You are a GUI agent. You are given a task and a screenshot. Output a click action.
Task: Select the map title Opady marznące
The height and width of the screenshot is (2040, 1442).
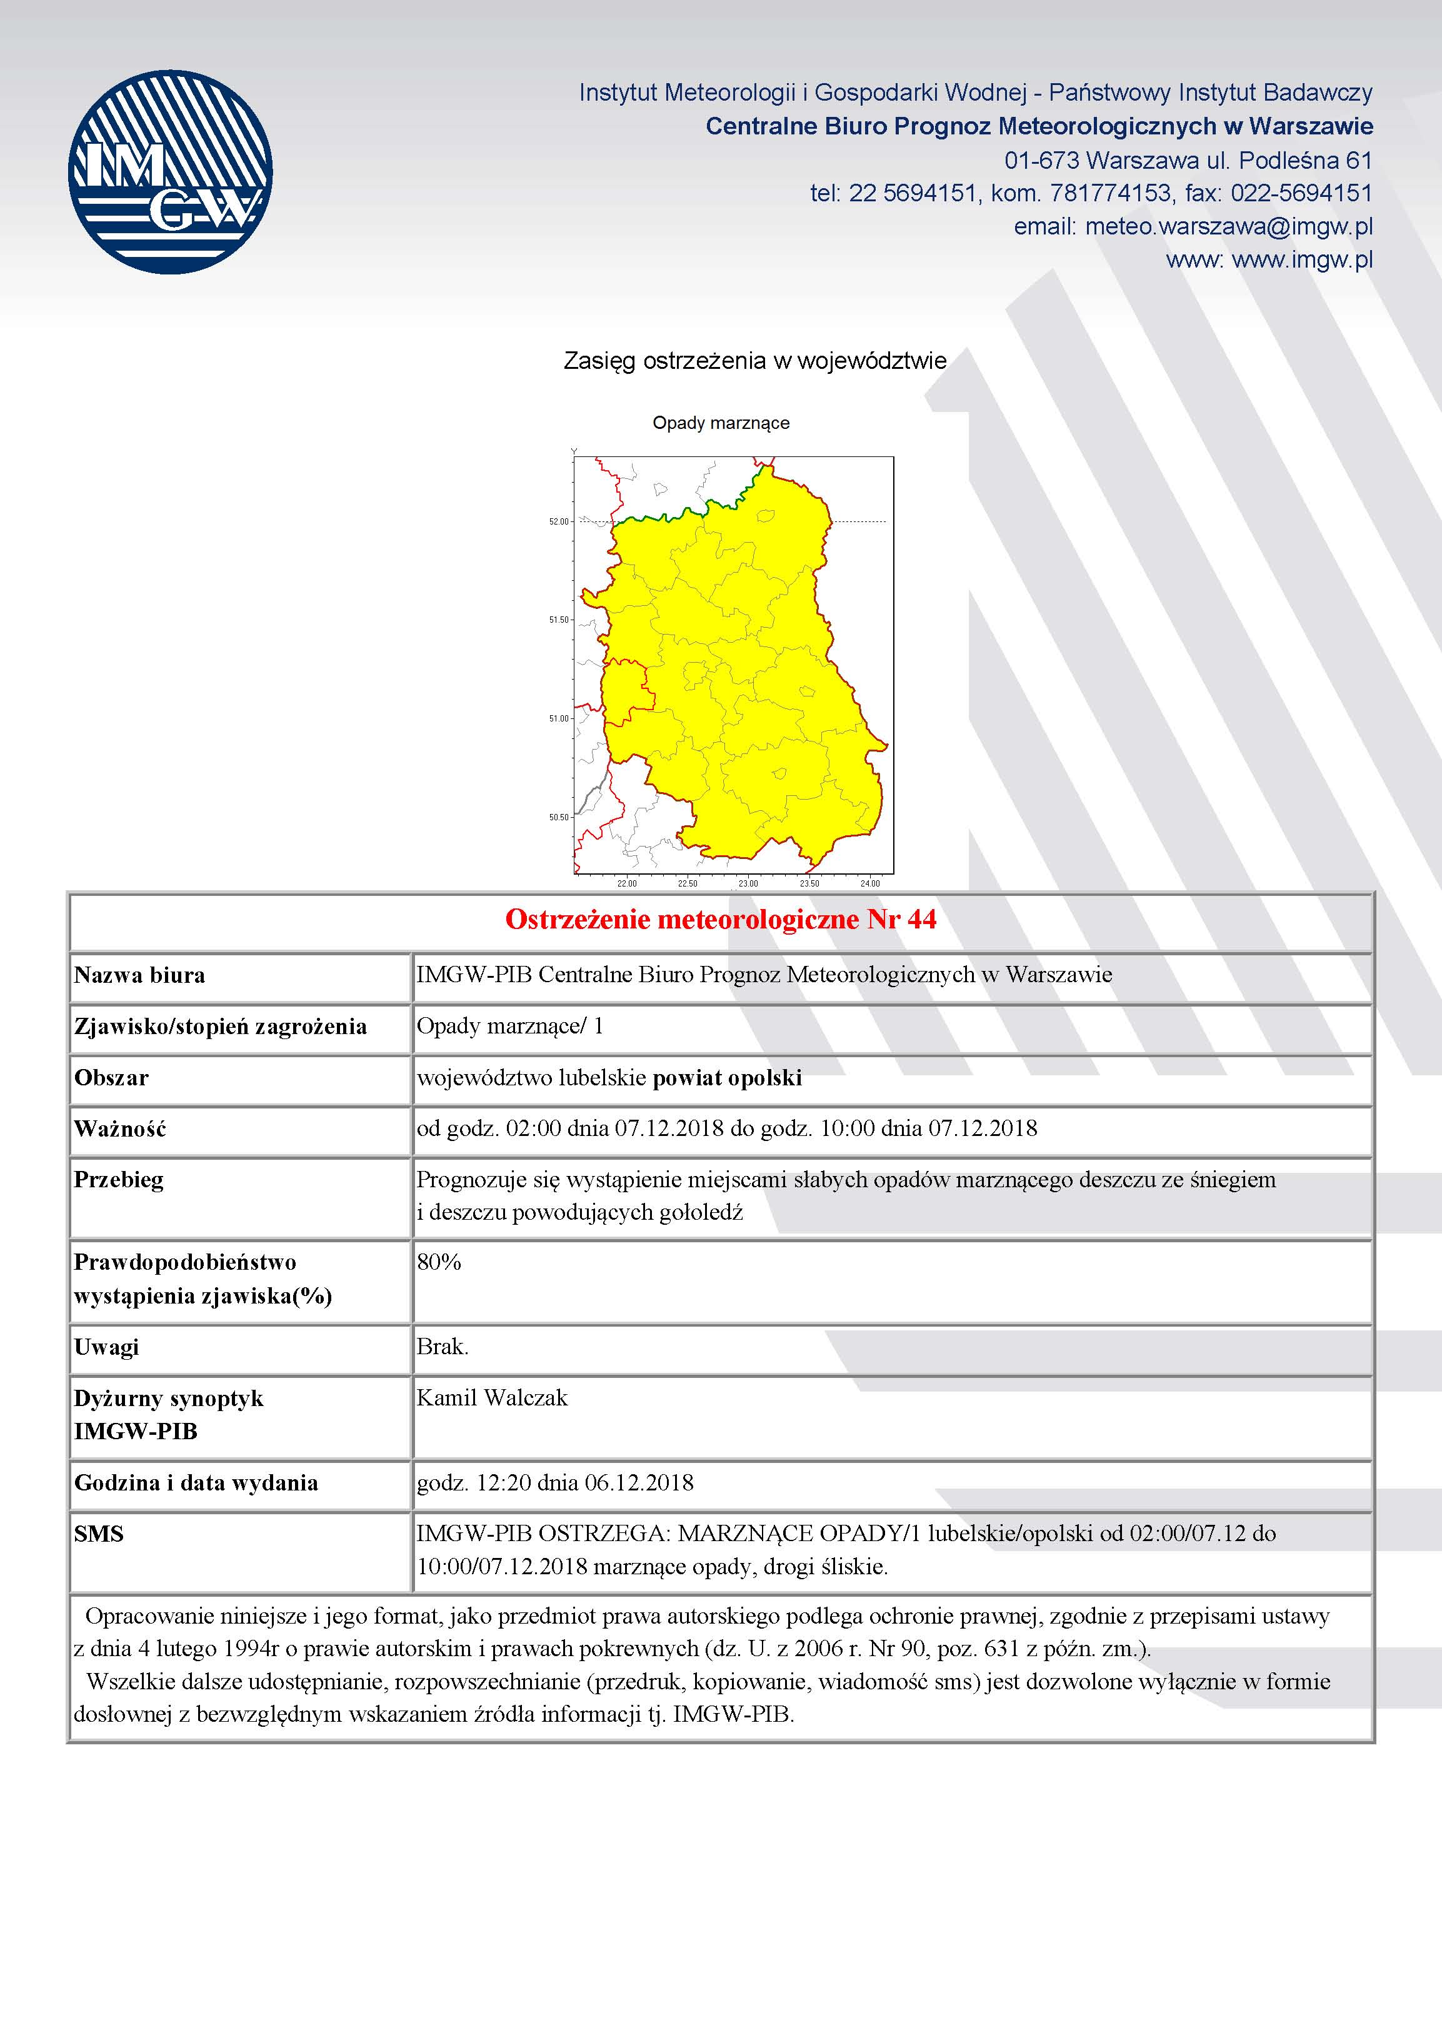(721, 423)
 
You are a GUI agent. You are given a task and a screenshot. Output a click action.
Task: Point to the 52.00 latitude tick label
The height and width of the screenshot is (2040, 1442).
(558, 521)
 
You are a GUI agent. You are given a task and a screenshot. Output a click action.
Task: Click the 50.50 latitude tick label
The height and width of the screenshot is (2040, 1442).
(558, 817)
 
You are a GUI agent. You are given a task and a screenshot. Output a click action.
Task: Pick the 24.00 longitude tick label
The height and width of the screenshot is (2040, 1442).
(870, 883)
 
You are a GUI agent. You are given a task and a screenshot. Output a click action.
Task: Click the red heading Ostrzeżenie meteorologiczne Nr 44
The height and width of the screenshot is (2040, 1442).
(721, 920)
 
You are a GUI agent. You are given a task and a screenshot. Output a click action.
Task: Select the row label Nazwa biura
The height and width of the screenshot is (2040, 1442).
(139, 975)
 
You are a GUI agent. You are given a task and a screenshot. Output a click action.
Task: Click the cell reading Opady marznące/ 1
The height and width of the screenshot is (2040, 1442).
(510, 1026)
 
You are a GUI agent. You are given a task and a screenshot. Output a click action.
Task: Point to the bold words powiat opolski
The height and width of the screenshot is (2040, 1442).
(727, 1078)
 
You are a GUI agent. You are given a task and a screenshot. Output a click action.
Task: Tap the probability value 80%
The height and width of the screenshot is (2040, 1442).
(439, 1262)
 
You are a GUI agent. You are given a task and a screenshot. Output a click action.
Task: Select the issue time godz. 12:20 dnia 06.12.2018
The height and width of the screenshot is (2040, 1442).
(554, 1482)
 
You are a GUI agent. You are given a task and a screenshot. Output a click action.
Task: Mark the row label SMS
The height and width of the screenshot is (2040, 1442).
(99, 1534)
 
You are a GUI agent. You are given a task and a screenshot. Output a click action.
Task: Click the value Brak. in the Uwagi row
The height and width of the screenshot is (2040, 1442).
(441, 1347)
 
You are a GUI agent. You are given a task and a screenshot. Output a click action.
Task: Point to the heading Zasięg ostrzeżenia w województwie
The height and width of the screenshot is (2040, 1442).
(754, 361)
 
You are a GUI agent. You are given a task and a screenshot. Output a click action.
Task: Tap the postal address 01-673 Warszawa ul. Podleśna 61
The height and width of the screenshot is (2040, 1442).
(1188, 161)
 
